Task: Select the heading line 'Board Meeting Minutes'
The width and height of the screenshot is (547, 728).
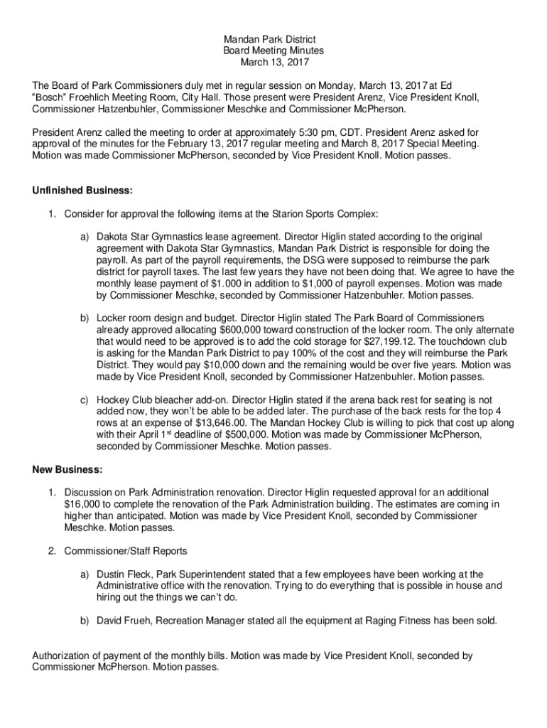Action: [x=273, y=50]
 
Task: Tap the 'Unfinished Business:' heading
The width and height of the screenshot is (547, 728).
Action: [x=82, y=191]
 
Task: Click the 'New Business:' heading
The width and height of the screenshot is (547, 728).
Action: [x=67, y=470]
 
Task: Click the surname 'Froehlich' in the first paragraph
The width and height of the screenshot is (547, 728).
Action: [x=97, y=97]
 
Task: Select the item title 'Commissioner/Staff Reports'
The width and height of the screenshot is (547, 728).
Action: [x=126, y=551]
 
